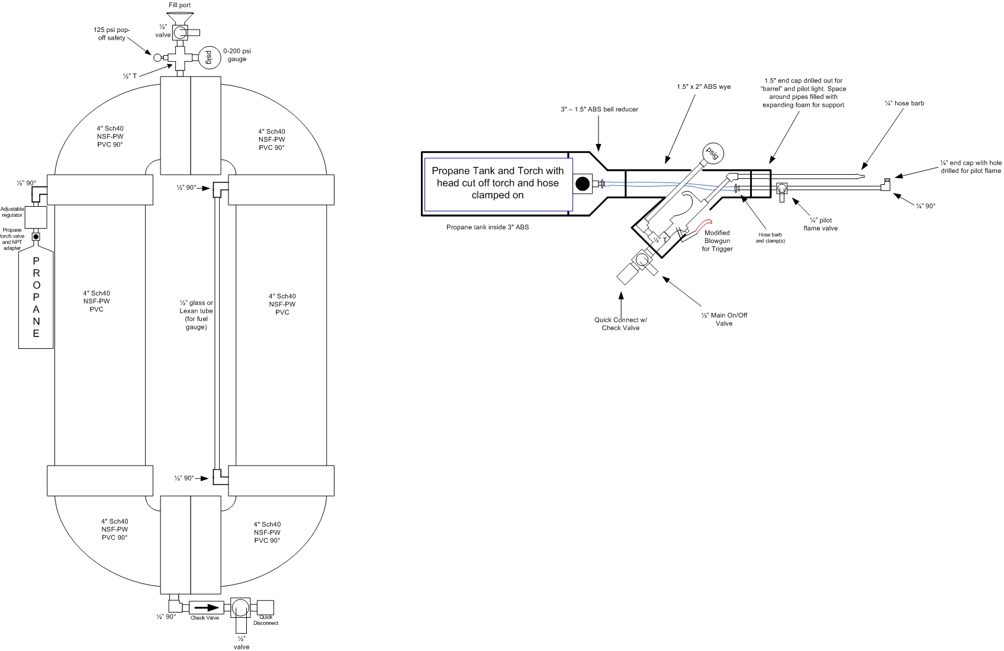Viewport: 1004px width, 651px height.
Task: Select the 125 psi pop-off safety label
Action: point(112,34)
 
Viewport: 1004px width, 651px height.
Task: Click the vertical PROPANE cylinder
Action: point(36,299)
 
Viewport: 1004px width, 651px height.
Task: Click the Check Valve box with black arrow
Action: point(205,607)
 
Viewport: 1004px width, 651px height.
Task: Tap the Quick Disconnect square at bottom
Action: point(266,608)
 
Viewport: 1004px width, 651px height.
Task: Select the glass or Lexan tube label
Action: point(197,315)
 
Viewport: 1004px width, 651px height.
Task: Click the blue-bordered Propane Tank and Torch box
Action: point(498,183)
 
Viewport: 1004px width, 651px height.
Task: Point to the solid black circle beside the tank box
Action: point(583,184)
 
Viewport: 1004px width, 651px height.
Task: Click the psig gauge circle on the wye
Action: point(713,154)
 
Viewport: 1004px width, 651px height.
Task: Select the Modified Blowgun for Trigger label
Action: point(717,241)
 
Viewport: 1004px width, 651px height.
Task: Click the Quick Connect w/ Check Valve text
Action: point(620,324)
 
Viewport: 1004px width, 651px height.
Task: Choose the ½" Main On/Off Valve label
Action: point(724,319)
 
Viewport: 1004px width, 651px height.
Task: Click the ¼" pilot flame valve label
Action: point(820,224)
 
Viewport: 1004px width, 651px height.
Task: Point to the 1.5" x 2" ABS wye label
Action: point(703,86)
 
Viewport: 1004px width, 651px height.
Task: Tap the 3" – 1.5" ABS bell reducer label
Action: point(599,109)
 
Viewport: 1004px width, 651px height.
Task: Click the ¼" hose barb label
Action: point(904,103)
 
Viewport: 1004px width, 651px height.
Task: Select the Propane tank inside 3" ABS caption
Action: point(487,227)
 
